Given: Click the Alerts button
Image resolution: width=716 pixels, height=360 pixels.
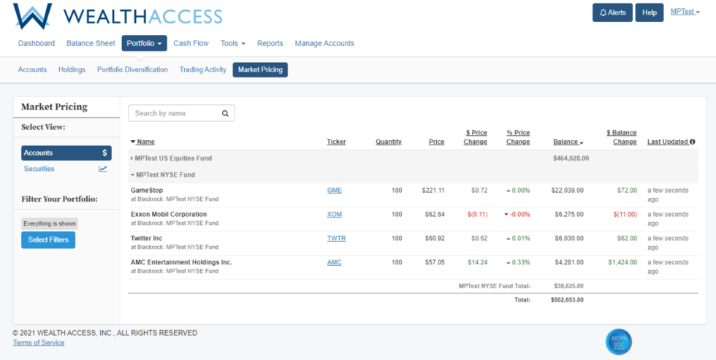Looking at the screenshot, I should click(x=612, y=12).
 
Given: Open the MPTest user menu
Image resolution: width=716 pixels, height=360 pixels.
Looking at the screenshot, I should click(x=685, y=12).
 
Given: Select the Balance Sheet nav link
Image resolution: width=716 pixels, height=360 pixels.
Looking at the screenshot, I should click(x=91, y=43).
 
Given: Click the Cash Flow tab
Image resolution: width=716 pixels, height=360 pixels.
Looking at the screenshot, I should click(x=191, y=43).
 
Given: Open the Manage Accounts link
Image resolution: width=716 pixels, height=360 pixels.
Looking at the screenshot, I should click(x=324, y=43).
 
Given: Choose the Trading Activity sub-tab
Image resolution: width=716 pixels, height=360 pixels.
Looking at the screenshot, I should click(x=202, y=69).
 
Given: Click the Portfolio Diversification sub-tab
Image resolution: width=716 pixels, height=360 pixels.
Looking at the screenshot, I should click(x=132, y=69).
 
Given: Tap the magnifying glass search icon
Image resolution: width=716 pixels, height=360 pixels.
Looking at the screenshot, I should click(x=225, y=113).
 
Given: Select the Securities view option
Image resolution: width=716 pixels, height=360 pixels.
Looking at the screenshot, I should click(x=39, y=169).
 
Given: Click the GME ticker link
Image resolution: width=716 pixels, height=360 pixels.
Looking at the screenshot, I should click(x=334, y=191).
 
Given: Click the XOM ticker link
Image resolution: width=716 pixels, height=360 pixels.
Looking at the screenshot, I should click(x=334, y=215).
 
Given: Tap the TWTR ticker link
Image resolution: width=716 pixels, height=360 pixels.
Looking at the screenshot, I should click(x=335, y=238).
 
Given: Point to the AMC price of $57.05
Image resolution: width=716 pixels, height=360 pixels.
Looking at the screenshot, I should click(x=433, y=262).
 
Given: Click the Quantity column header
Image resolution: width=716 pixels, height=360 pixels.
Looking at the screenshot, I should click(x=388, y=142).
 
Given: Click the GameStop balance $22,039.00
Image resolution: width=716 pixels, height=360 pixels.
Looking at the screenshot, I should click(x=567, y=191).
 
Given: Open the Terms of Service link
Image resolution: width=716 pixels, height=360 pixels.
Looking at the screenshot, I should click(x=38, y=342).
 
